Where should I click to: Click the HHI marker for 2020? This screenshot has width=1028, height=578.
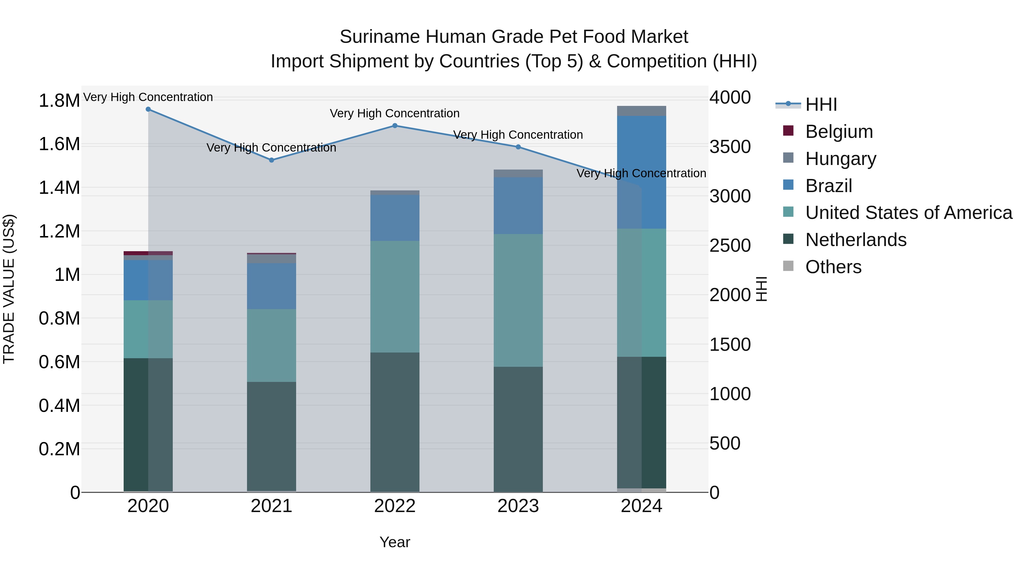(148, 109)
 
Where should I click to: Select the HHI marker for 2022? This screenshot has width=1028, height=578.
(395, 126)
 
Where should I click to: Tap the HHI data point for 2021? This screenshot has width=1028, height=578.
(271, 160)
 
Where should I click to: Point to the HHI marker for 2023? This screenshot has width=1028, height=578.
(518, 147)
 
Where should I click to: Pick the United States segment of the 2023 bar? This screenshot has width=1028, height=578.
(518, 300)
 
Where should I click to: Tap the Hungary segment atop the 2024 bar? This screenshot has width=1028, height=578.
(641, 111)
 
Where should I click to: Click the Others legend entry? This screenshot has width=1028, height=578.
(833, 267)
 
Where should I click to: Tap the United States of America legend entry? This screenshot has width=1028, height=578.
(908, 213)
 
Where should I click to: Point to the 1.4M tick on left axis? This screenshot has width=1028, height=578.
(59, 188)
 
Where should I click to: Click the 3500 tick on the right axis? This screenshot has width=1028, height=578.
(730, 147)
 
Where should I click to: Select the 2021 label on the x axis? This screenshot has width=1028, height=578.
(271, 506)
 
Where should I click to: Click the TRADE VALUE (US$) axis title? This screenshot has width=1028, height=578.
(9, 289)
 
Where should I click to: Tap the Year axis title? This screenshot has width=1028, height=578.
(395, 542)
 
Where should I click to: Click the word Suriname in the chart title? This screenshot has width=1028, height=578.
(380, 37)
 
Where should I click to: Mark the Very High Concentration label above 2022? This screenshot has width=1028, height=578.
(395, 113)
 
